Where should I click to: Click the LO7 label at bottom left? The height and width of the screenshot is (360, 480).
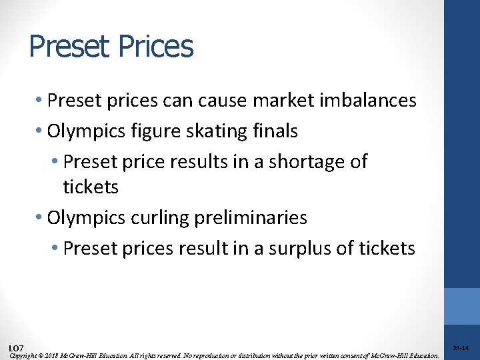[x=16, y=349]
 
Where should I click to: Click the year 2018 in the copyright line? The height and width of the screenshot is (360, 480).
[x=53, y=355]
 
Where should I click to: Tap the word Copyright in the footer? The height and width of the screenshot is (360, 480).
[x=23, y=355]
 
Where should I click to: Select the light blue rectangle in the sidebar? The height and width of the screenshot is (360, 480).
[x=462, y=306]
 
